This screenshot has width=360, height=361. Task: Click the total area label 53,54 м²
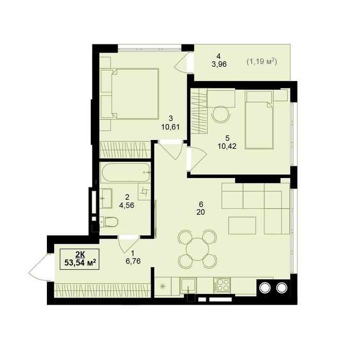(80, 263)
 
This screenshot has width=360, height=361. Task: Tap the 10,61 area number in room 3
(170, 127)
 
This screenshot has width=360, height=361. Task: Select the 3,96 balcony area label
(219, 64)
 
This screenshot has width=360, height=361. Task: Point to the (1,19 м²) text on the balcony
(261, 61)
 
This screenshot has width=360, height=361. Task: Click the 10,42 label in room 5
(227, 146)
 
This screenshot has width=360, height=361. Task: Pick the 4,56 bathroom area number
(127, 205)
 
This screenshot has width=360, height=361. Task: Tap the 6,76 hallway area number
(133, 261)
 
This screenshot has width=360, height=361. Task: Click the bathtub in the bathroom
(125, 172)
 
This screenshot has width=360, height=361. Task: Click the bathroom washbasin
(106, 198)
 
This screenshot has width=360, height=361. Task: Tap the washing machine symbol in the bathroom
(144, 191)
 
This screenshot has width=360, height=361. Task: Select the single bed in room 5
(259, 120)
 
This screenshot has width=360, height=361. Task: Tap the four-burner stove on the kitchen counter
(222, 285)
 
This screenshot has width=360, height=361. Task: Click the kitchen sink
(188, 286)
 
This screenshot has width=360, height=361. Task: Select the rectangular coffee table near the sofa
(242, 225)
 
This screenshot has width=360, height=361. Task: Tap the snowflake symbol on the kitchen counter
(163, 286)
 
